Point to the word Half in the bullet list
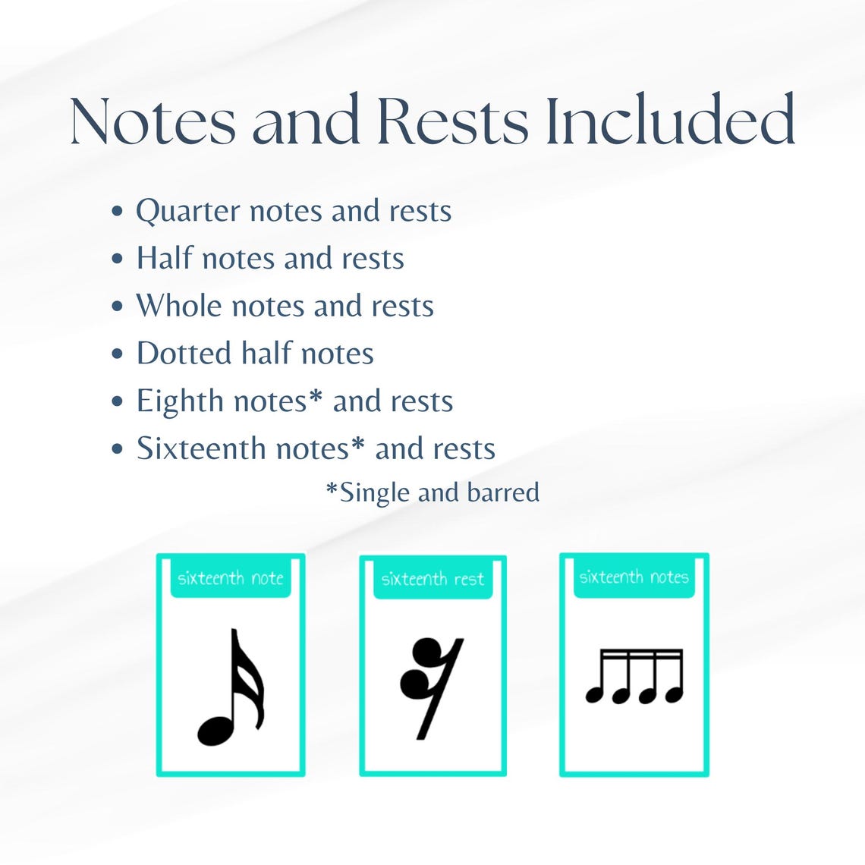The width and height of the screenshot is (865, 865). pyautogui.click(x=163, y=258)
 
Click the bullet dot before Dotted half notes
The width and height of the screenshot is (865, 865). pyautogui.click(x=117, y=354)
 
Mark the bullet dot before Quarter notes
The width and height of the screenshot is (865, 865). pyautogui.click(x=117, y=212)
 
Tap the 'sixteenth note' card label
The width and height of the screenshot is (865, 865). pyautogui.click(x=231, y=579)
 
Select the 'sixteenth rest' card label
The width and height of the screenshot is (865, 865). pyautogui.click(x=432, y=580)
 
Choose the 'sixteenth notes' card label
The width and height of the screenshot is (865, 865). pyautogui.click(x=634, y=577)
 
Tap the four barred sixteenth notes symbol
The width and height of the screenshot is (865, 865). pyautogui.click(x=635, y=676)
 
